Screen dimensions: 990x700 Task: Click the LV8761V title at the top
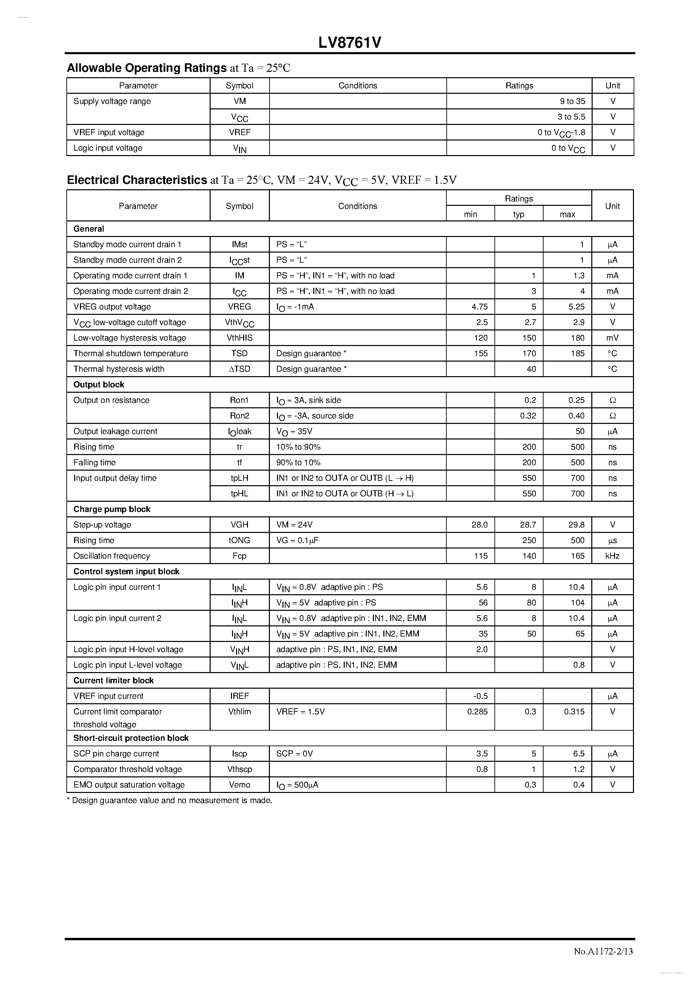350,43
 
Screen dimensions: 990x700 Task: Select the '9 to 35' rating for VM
572,101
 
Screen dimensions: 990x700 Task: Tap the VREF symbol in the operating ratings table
239,132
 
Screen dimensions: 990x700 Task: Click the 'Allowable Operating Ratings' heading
147,68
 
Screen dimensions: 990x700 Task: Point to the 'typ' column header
518,214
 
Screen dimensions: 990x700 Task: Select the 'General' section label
88,229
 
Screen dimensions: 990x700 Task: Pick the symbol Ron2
239,416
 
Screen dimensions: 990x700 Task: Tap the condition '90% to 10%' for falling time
298,462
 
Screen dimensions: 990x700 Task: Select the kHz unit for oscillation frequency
612,556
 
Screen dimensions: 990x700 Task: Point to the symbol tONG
239,540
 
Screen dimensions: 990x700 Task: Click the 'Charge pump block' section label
112,509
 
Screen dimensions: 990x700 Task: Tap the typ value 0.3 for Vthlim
530,711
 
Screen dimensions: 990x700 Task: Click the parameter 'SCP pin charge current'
116,754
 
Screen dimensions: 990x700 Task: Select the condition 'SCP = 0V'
295,754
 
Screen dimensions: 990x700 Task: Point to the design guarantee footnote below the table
170,800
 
